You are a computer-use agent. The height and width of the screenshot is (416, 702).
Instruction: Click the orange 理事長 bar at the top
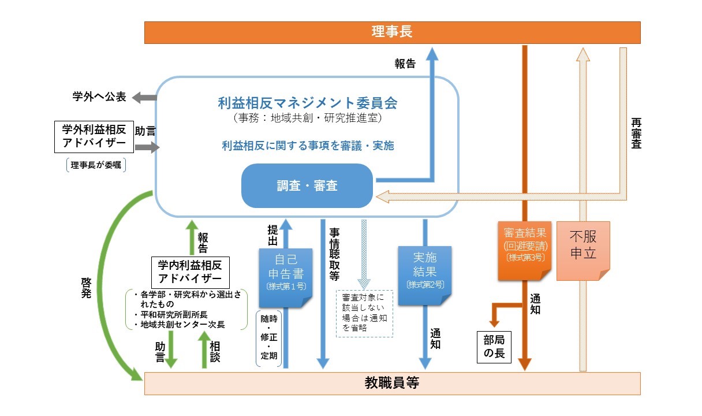point(392,32)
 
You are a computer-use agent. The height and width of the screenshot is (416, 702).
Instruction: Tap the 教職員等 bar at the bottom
point(392,383)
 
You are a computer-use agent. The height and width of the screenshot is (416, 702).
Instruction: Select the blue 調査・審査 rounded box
point(307,185)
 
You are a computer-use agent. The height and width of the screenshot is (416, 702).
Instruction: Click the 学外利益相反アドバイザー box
point(94,137)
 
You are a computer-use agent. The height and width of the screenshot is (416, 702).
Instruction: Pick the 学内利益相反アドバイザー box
point(191,272)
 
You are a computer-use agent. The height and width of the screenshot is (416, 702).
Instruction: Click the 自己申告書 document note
point(286,278)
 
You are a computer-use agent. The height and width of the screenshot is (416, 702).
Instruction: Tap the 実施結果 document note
point(425,276)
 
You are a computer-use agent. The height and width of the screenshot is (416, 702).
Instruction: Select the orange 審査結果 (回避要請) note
point(525,251)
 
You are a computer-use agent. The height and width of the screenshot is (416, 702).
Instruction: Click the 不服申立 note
point(583,251)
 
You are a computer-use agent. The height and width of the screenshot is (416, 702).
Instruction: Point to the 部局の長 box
point(494,347)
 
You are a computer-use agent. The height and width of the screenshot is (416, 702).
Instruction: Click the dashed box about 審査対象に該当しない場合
point(364,313)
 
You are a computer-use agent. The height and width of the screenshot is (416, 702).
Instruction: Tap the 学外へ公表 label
point(99,96)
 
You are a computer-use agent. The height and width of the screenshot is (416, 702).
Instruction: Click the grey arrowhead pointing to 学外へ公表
point(137,98)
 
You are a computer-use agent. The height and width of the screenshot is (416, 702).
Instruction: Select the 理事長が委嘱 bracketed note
point(96,165)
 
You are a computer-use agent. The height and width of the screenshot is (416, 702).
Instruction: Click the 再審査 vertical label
point(636,133)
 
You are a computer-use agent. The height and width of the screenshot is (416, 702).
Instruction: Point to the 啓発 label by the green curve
point(86,288)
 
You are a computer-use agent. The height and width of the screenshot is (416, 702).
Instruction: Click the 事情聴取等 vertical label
point(334,254)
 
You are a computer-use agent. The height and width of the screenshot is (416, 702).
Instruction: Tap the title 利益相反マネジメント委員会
point(308,103)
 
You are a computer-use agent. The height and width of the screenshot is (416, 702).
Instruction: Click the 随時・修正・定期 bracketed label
point(268,337)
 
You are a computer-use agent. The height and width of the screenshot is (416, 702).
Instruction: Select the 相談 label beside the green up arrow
point(215,352)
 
